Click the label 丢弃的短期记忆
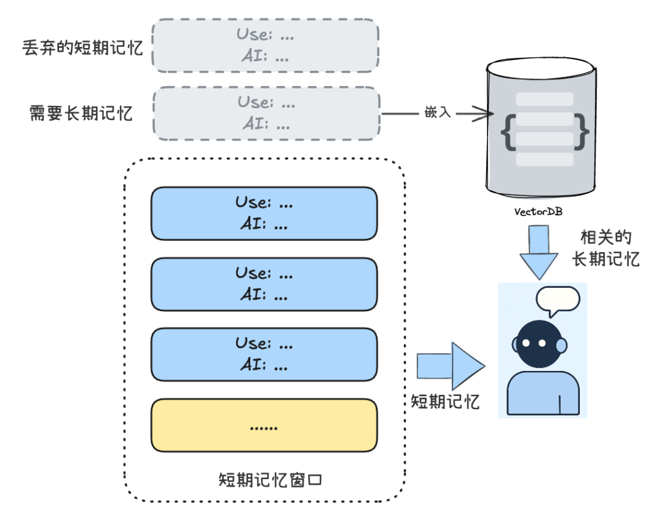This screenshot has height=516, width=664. point(82,48)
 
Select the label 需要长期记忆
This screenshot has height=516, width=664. point(81,114)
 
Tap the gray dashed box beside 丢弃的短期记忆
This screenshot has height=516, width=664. point(265,46)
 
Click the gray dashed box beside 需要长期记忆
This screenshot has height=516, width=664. point(265,113)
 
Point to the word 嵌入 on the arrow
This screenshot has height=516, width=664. point(437,113)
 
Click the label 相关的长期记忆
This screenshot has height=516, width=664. point(606,248)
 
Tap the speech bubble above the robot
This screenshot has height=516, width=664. point(557,300)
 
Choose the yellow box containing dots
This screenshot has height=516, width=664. point(264,425)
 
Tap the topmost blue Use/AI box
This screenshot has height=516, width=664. point(264,213)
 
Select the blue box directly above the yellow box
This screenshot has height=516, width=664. point(264,354)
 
